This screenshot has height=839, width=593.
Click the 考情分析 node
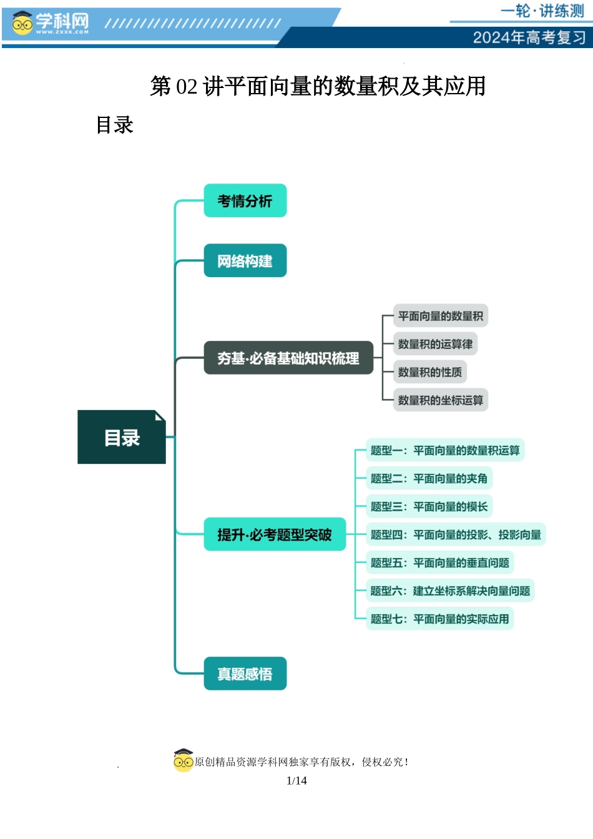point(245,201)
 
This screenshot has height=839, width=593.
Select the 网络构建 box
point(245,261)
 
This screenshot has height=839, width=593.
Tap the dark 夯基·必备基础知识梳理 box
point(288,358)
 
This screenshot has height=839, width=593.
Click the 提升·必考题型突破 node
point(275,534)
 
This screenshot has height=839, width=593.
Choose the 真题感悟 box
point(245,674)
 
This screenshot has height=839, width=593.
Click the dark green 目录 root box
point(122,438)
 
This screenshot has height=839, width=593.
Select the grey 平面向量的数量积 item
point(440,316)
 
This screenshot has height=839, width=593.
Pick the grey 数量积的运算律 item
point(435,344)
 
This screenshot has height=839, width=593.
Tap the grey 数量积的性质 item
point(429,372)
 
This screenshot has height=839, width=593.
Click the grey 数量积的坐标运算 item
point(440,400)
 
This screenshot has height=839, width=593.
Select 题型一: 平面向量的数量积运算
point(444,450)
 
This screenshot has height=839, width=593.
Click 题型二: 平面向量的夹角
point(429,478)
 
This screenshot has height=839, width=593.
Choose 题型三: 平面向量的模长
point(429,506)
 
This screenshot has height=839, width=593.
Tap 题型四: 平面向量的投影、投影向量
point(456,534)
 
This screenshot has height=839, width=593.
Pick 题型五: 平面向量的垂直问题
point(439,562)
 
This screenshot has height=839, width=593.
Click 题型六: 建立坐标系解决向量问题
point(449,591)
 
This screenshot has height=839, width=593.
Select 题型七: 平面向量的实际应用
point(439,619)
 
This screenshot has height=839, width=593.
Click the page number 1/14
point(296,780)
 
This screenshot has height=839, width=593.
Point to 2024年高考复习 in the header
point(529,37)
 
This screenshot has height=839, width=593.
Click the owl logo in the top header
point(22,24)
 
